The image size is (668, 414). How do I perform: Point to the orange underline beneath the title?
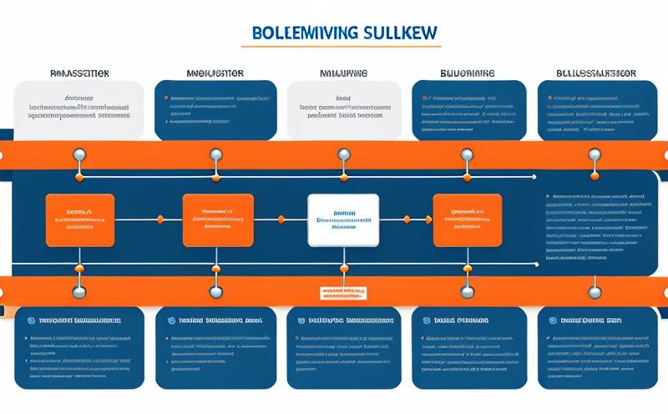(x=345, y=46)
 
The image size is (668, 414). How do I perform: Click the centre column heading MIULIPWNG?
(x=342, y=73)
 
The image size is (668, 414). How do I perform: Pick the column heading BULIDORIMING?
(x=468, y=73)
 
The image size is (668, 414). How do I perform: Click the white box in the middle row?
(x=343, y=220)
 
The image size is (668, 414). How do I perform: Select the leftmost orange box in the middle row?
(x=80, y=220)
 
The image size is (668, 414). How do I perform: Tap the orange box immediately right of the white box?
(x=468, y=220)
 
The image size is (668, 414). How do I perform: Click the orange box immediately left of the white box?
(x=217, y=220)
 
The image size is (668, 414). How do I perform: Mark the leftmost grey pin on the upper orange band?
(x=80, y=154)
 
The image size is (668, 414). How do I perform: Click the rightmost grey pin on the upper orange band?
(x=595, y=154)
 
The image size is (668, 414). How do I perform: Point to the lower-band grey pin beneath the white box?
(x=343, y=291)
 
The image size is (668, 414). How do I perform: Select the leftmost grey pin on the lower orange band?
(x=80, y=291)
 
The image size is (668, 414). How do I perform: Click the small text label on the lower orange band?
(x=343, y=294)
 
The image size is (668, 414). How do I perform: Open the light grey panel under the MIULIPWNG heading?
(x=343, y=109)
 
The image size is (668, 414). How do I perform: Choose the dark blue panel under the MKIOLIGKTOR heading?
(x=216, y=109)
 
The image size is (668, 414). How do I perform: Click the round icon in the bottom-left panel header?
(x=30, y=320)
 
